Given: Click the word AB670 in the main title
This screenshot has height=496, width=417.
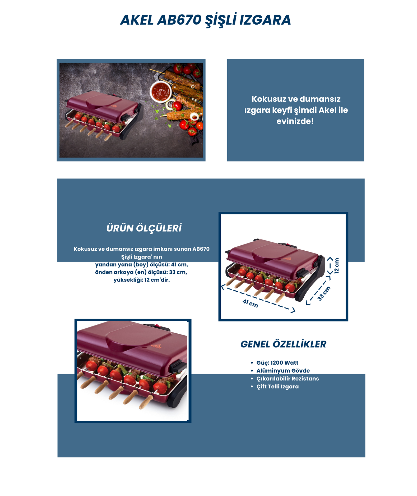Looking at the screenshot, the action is click(x=179, y=20).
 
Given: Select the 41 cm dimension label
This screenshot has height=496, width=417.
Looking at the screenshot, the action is click(x=250, y=304).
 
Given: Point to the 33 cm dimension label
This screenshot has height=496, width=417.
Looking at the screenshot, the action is click(x=324, y=293).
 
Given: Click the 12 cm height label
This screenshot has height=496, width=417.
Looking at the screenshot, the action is click(x=336, y=266).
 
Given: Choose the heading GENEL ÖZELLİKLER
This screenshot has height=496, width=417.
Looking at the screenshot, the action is click(x=283, y=344).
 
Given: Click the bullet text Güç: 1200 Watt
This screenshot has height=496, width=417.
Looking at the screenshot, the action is click(x=277, y=363).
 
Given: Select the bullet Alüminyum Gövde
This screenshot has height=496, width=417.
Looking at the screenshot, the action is click(x=283, y=371).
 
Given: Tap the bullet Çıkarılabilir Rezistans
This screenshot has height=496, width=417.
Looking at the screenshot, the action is click(x=288, y=379).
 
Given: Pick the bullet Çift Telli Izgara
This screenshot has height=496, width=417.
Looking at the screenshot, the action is click(x=277, y=387).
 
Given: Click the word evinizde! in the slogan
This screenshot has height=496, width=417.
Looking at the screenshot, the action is click(x=295, y=121).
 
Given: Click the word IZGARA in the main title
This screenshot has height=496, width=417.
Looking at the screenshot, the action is click(x=265, y=20).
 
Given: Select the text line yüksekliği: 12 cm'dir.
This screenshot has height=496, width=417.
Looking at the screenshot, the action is click(x=142, y=280).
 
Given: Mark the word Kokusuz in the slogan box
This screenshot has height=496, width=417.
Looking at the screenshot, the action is click(x=268, y=99).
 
